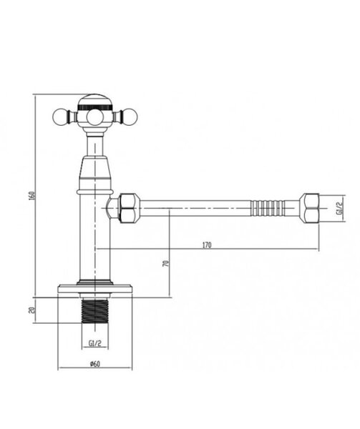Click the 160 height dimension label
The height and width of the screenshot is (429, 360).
tap(31, 196)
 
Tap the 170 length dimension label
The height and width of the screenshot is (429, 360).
tap(207, 245)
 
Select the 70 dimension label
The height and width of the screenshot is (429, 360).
tap(166, 264)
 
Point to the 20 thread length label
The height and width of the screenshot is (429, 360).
tap(31, 310)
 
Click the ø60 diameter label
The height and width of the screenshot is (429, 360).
tap(95, 364)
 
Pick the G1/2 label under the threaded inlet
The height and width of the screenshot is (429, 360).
tap(95, 343)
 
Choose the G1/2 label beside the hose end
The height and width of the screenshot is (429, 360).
tap(340, 208)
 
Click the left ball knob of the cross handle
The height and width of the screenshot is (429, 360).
tap(59, 117)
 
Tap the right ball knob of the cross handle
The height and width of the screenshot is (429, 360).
tap(129, 117)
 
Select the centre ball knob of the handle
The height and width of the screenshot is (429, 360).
tap(95, 118)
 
